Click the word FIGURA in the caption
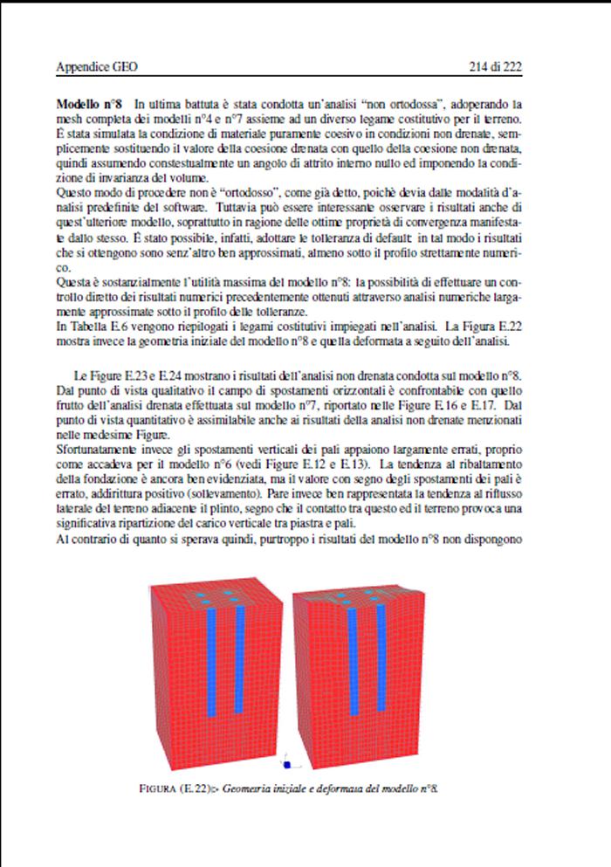160,788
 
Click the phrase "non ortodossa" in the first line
414,104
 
